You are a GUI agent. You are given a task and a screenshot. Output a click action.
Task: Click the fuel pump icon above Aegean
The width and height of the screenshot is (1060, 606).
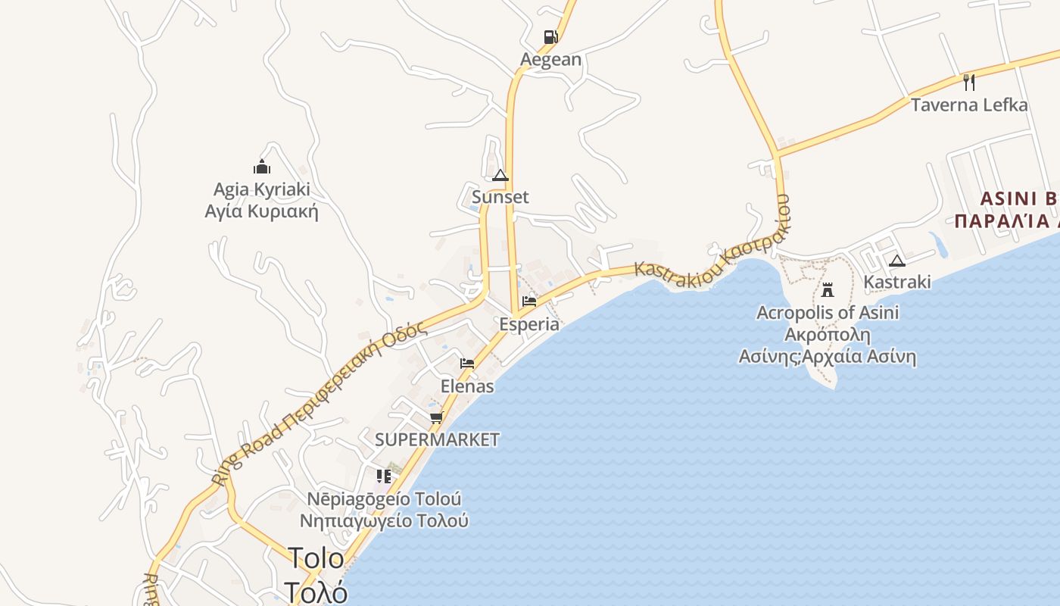550,37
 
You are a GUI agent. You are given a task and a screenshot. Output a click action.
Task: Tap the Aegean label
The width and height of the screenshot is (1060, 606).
550,59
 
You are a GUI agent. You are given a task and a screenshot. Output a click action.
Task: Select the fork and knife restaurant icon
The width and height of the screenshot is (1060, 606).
969,82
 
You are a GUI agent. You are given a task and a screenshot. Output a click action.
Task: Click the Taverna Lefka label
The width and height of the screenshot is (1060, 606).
969,105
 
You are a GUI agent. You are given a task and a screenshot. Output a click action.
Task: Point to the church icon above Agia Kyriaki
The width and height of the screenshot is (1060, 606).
262,167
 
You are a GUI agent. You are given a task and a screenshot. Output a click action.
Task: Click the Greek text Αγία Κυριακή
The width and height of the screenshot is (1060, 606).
262,211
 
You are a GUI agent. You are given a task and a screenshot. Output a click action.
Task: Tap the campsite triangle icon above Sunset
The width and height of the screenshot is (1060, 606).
500,176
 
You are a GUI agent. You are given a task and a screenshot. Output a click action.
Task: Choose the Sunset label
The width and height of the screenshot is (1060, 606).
500,197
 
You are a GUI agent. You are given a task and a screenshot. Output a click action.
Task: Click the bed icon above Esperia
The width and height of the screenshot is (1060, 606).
529,301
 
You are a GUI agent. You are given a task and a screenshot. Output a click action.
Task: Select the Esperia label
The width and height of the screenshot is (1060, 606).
529,324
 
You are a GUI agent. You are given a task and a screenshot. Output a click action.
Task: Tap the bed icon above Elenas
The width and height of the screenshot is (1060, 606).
467,364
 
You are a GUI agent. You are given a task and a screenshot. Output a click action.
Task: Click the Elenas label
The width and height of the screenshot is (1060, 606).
467,386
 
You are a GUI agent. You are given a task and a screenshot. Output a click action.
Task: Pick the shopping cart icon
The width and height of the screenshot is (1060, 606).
436,417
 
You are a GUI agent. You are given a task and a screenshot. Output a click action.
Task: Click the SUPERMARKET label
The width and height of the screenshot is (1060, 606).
438,439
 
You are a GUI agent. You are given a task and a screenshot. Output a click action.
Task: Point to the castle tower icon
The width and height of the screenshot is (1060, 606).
828,289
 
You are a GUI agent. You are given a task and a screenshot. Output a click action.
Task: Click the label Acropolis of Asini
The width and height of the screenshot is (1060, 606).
828,312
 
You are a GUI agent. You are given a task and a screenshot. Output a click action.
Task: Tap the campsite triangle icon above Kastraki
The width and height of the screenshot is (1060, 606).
897,261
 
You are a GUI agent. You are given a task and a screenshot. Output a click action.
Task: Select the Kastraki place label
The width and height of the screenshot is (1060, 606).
897,282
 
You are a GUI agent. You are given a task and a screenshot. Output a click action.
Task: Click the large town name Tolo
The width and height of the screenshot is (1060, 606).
316,559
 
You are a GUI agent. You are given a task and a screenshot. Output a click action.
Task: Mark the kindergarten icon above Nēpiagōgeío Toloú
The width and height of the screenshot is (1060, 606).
384,476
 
